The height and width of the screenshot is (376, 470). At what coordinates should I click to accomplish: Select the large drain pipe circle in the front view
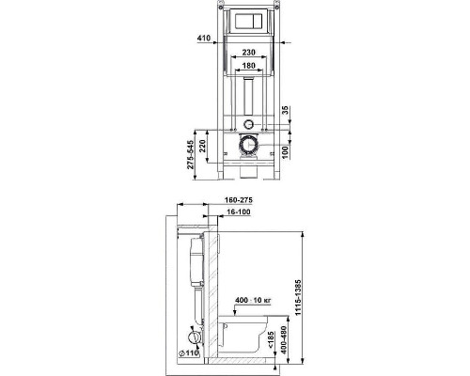(x=248, y=147)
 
